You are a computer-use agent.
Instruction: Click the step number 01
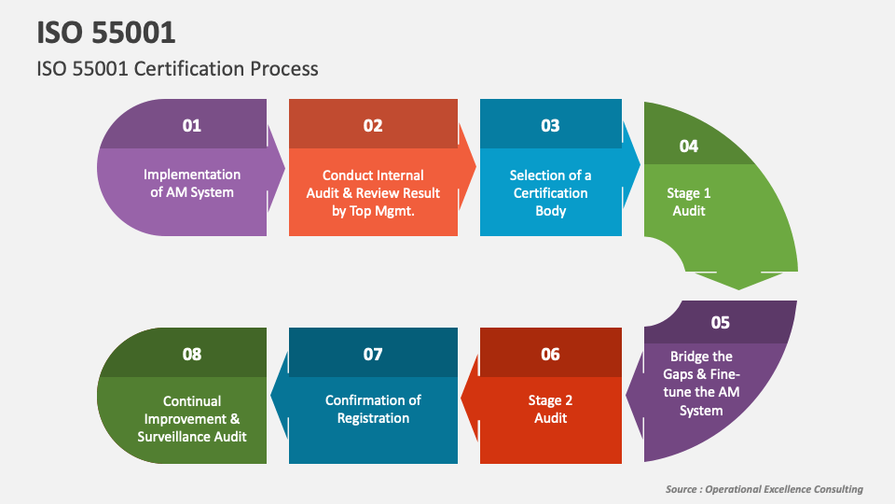coord(192,126)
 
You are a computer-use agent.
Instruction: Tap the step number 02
coord(373,126)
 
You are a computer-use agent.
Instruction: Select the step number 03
coord(550,126)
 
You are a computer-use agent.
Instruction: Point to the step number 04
coord(688,147)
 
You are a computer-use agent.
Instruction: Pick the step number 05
coord(721,323)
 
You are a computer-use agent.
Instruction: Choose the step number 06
coord(550,355)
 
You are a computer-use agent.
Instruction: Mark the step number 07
coord(373,355)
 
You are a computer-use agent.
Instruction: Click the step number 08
coord(192,355)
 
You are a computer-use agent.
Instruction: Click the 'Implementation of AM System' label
coord(192,184)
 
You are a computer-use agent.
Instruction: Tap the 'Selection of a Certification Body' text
coord(550,193)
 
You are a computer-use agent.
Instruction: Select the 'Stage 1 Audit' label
coord(689,203)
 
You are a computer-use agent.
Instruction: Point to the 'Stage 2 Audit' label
coord(550,409)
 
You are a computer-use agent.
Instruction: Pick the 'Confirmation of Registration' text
coord(373,409)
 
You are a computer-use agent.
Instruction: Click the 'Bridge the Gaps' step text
coord(701,384)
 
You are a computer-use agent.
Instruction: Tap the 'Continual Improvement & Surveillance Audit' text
coord(192,419)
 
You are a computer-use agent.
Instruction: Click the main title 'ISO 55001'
coord(106,33)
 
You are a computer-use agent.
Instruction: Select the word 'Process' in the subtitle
coord(283,69)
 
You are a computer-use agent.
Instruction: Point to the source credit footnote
coord(764,489)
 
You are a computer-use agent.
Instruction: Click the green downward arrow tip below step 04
coord(738,289)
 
